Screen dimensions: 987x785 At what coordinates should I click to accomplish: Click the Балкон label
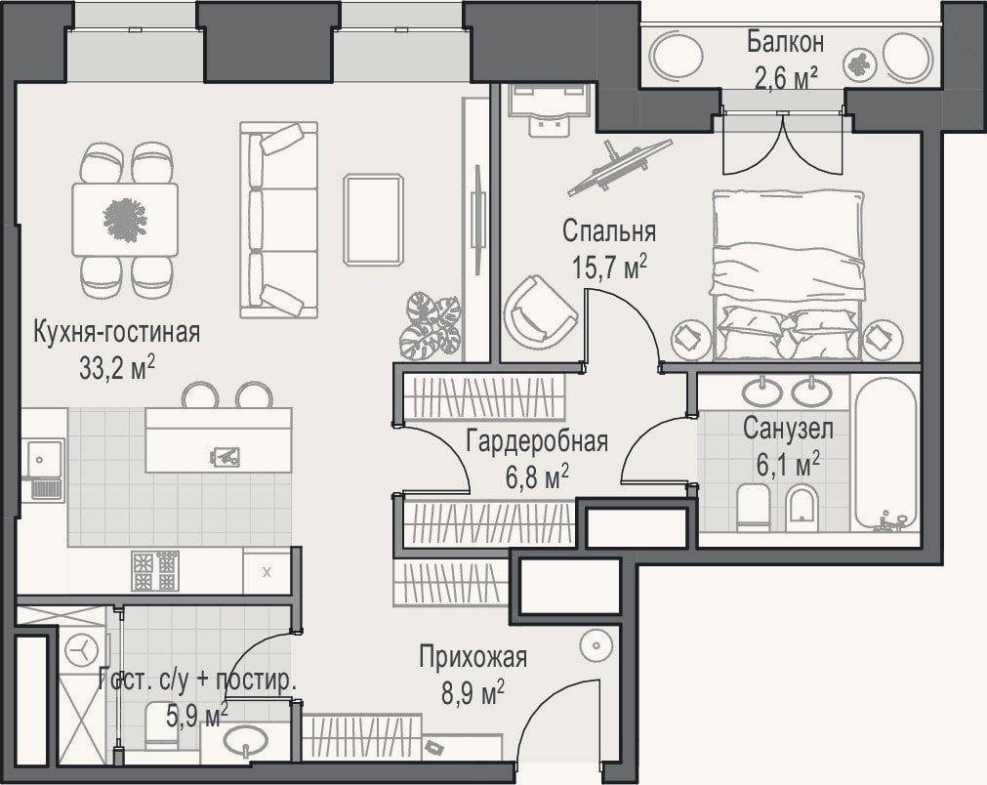click(785, 42)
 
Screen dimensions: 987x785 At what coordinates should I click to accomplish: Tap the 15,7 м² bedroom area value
click(609, 267)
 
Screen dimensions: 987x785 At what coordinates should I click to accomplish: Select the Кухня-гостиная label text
click(116, 332)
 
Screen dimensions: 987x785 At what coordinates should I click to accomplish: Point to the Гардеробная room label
click(537, 441)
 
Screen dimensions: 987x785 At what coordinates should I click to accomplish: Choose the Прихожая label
click(473, 657)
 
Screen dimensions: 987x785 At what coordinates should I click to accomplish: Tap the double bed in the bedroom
click(787, 275)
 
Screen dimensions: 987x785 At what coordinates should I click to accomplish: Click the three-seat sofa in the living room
click(278, 220)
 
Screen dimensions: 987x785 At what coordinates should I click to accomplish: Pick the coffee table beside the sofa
click(373, 220)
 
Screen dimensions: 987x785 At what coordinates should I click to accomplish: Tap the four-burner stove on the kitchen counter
click(155, 570)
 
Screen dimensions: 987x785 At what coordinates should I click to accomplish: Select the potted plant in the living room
click(432, 325)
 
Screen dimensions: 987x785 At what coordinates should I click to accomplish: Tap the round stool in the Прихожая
click(595, 646)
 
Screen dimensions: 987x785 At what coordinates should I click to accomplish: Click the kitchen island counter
click(219, 440)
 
